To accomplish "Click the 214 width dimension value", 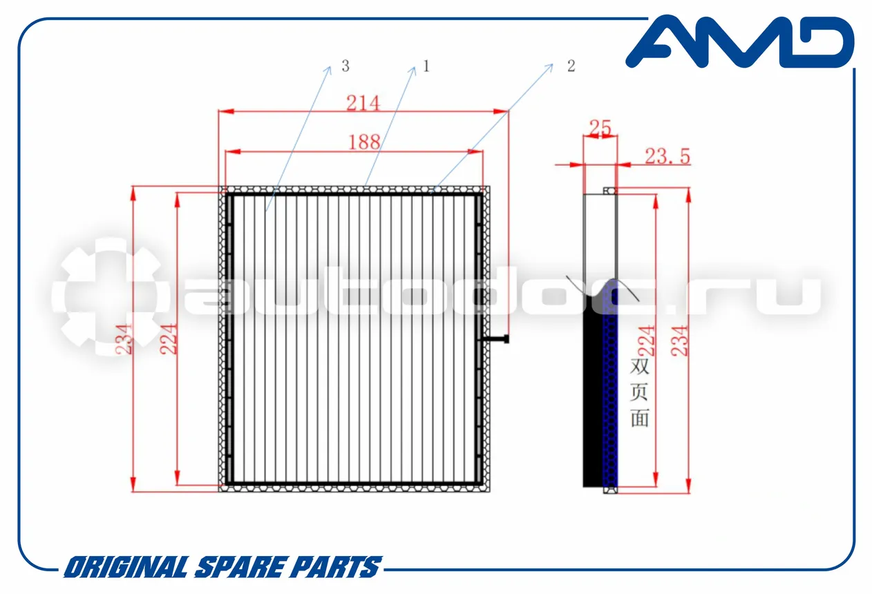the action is pyautogui.click(x=363, y=103).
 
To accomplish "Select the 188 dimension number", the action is pyautogui.click(x=364, y=142).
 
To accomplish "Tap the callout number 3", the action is pyautogui.click(x=345, y=66).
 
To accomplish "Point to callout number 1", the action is pyautogui.click(x=426, y=66).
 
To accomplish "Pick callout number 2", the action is pyautogui.click(x=571, y=66).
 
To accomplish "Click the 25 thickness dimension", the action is pyautogui.click(x=600, y=127).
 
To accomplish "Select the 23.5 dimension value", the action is pyautogui.click(x=667, y=156).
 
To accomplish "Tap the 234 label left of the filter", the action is pyautogui.click(x=124, y=339).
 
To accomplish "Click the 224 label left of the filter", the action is pyautogui.click(x=169, y=339).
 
